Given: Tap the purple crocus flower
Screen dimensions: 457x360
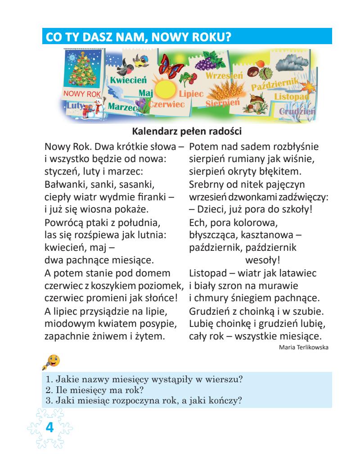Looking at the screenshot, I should pos(143,107).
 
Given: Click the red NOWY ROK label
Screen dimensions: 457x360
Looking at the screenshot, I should pos(81,94).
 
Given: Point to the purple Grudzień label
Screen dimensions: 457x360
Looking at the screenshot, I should pos(297,111).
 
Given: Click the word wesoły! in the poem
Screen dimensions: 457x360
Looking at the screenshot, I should pos(259,260).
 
